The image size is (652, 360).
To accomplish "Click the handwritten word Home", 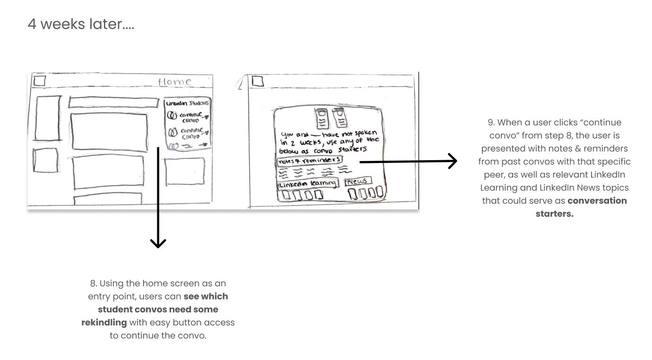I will click(175, 82).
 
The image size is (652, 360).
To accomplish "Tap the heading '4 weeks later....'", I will click(81, 24).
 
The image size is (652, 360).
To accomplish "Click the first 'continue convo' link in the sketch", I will click(191, 117).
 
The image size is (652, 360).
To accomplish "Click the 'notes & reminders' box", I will click(309, 161).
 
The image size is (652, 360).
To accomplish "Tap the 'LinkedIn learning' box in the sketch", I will click(308, 184).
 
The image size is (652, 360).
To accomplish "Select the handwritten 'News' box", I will click(358, 181).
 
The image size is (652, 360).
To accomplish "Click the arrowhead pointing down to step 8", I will click(158, 243).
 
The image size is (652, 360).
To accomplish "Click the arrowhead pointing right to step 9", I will click(453, 161).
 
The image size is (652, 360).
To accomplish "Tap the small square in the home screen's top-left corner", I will click(40, 81).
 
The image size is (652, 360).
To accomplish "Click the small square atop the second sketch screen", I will click(257, 81).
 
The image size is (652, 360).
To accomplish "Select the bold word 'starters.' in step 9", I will click(554, 214).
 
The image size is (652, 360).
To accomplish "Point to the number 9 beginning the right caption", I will click(490, 122).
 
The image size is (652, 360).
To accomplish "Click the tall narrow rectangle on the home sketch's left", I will click(48, 118).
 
